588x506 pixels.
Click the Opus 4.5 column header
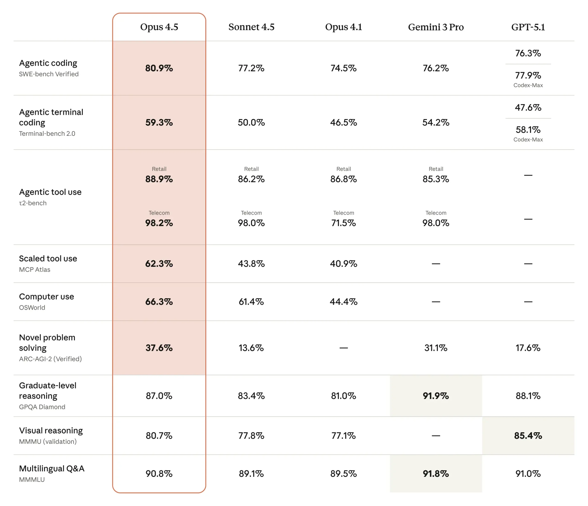159,27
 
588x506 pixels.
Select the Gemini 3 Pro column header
436,27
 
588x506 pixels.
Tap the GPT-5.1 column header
528,27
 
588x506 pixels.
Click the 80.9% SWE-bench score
159,68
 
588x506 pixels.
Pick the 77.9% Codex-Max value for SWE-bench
528,75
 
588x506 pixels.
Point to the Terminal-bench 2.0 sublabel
47,134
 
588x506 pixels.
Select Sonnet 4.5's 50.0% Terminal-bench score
251,122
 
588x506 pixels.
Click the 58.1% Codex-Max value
528,130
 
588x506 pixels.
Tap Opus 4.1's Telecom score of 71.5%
343,223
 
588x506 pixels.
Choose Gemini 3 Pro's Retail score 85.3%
436,179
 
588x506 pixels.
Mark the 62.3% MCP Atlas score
159,264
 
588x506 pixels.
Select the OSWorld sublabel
32,307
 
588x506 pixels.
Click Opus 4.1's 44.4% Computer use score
343,301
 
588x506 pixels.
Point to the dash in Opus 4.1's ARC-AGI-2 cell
343,348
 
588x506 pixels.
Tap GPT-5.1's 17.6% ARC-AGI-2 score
528,348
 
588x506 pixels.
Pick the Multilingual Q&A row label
52,468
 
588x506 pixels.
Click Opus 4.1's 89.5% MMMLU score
343,473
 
